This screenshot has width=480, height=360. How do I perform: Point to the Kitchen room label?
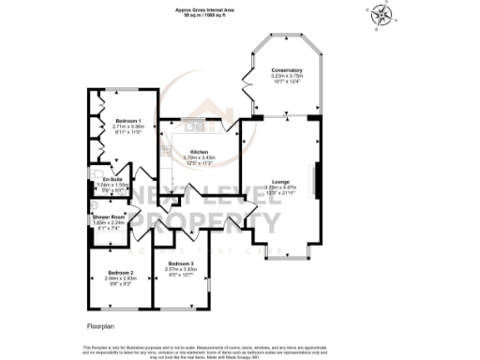pyautogui.click(x=199, y=151)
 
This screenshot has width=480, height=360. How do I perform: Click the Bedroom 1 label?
pyautogui.click(x=128, y=121)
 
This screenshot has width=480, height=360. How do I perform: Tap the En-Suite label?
pyautogui.click(x=113, y=178)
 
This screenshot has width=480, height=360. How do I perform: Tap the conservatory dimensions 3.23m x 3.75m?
pyautogui.click(x=287, y=77)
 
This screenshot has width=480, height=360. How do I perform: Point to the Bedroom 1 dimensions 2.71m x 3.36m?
pyautogui.click(x=128, y=127)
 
